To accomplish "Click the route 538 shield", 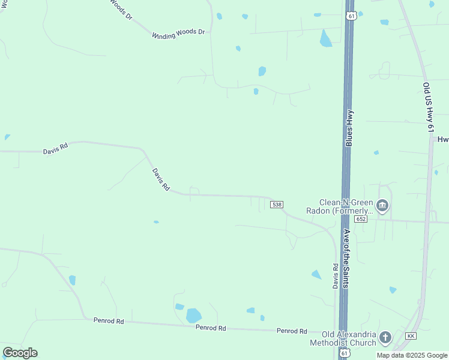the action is pyautogui.click(x=277, y=205).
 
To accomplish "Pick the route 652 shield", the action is pyautogui.click(x=360, y=219).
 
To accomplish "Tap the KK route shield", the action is pyautogui.click(x=411, y=335).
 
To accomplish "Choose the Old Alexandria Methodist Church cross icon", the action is pyautogui.click(x=385, y=338).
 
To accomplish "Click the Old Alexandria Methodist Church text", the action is pyautogui.click(x=349, y=338).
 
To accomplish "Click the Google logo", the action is pyautogui.click(x=20, y=353).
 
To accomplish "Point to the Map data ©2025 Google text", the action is pyautogui.click(x=412, y=355).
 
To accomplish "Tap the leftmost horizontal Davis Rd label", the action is pyautogui.click(x=55, y=148).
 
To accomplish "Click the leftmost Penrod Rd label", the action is pyautogui.click(x=109, y=321).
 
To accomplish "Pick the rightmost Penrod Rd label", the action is pyautogui.click(x=292, y=331).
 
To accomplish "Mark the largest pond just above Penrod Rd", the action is pyautogui.click(x=193, y=316).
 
